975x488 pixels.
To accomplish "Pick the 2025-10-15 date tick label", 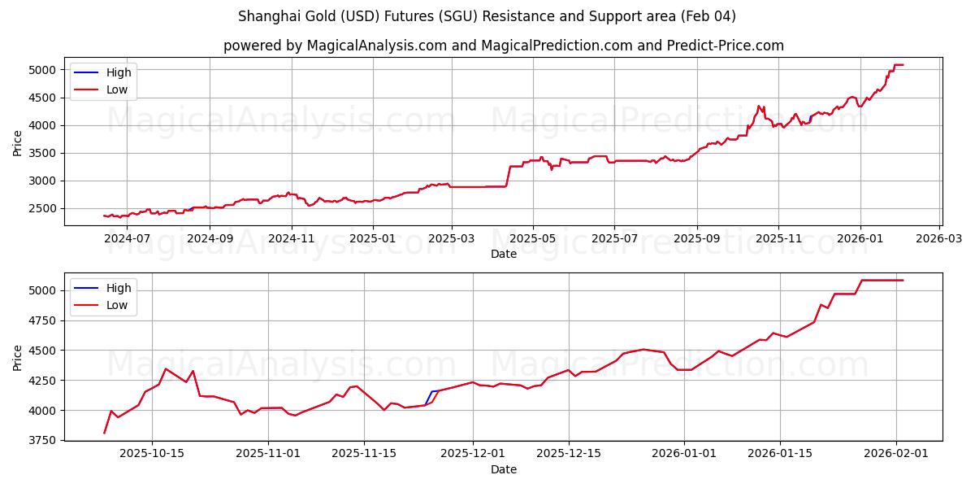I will pyautogui.click(x=152, y=454).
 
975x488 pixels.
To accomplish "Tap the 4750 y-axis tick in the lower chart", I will pyautogui.click(x=43, y=320).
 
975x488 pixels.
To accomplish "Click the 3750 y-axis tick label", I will pyautogui.click(x=43, y=440).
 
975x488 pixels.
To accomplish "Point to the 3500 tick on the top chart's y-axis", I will pyautogui.click(x=43, y=153).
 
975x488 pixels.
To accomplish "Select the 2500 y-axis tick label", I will pyautogui.click(x=43, y=208).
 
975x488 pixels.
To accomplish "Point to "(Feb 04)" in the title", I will pyautogui.click(x=708, y=16).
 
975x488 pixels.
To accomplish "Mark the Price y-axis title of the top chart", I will pyautogui.click(x=18, y=142).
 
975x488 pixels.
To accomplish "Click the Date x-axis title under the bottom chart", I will pyautogui.click(x=503, y=469).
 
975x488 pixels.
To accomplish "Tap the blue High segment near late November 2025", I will pyautogui.click(x=431, y=394).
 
